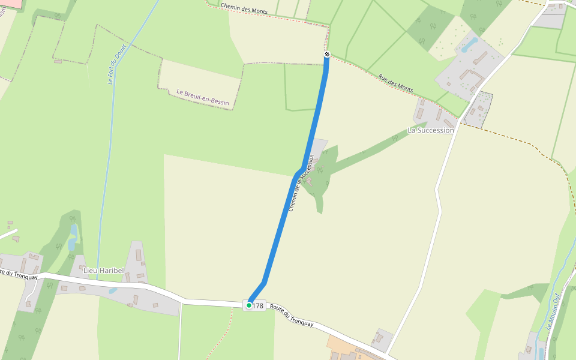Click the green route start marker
(x=249, y=305)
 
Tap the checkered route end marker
(x=327, y=55)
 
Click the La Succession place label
(x=430, y=130)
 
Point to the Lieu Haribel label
(x=103, y=271)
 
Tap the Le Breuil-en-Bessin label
(x=203, y=97)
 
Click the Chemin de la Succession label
(x=301, y=183)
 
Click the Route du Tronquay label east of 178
(x=292, y=315)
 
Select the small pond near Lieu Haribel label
(x=113, y=291)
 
